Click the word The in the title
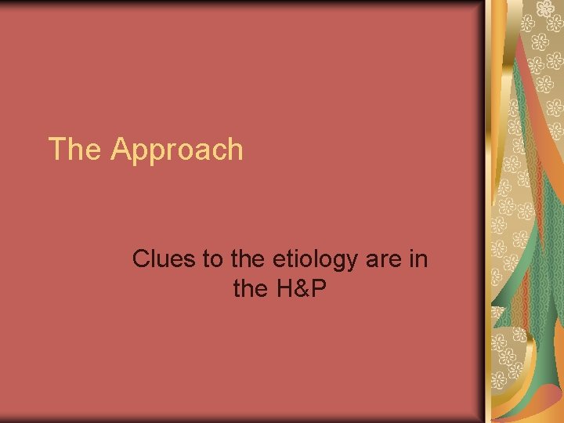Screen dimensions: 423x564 (x=75, y=149)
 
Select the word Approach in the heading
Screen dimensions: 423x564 (x=177, y=150)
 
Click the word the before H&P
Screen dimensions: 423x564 (x=250, y=290)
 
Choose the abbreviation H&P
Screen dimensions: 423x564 (x=300, y=290)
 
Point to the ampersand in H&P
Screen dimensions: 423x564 (x=301, y=290)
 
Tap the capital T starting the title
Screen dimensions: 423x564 (x=57, y=149)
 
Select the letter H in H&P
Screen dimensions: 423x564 (x=284, y=290)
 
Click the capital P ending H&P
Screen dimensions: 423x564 (x=318, y=290)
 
